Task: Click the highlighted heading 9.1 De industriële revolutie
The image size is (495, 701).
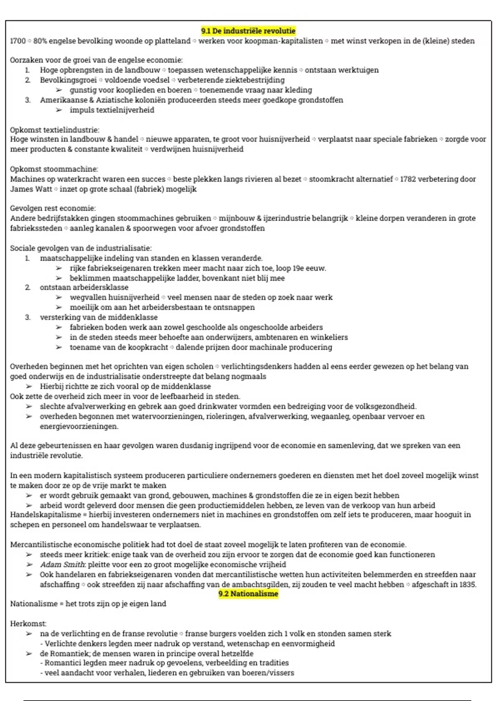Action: pos(248,31)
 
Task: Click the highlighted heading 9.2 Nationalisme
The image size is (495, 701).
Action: pos(248,594)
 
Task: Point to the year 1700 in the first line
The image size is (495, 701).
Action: pos(18,41)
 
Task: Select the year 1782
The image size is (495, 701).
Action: pos(408,179)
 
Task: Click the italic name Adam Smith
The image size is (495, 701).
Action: pos(62,565)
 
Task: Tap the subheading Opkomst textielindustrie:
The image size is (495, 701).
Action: pos(54,130)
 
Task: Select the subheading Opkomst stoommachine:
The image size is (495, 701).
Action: pos(54,169)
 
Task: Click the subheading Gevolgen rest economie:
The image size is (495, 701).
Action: pos(53,208)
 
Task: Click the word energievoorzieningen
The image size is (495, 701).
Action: pos(79,426)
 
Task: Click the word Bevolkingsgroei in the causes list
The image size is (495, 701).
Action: pos(68,80)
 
